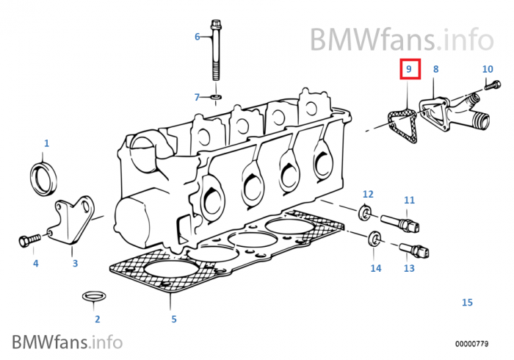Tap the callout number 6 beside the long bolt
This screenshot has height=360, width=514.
pos(197,36)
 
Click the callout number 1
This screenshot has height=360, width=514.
pos(46,143)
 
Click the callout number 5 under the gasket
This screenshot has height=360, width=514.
pos(174,319)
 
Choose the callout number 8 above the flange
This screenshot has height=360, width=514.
pos(435,69)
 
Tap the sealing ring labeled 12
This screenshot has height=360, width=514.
pos(364,214)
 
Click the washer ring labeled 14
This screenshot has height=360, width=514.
pos(374,238)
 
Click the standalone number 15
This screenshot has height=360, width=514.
pos(467,302)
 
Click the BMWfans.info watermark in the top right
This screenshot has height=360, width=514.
pos(401,37)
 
